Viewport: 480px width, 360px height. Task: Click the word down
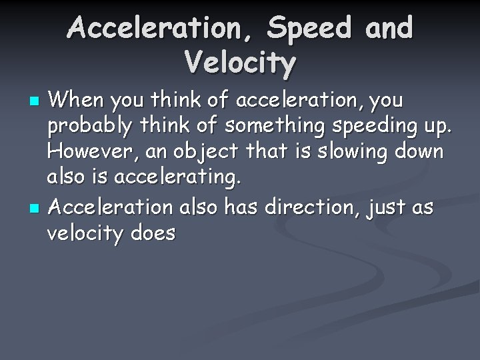(x=420, y=153)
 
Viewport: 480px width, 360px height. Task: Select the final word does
(x=153, y=233)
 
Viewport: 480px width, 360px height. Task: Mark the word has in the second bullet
(x=245, y=207)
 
